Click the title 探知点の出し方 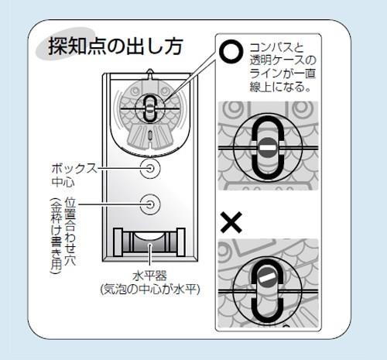pos(116,46)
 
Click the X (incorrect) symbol pos(231,222)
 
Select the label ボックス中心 pos(74,175)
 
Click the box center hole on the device pos(150,169)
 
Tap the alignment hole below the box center pos(150,204)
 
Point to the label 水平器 pos(149,276)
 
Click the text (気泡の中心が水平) pos(150,290)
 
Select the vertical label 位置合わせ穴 pos(70,231)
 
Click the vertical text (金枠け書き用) pos(57,235)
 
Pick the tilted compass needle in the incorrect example pos(268,278)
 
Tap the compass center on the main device pos(149,108)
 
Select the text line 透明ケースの pos(283,60)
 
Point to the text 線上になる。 pos(280,87)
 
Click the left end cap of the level pos(118,242)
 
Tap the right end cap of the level pos(180,242)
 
